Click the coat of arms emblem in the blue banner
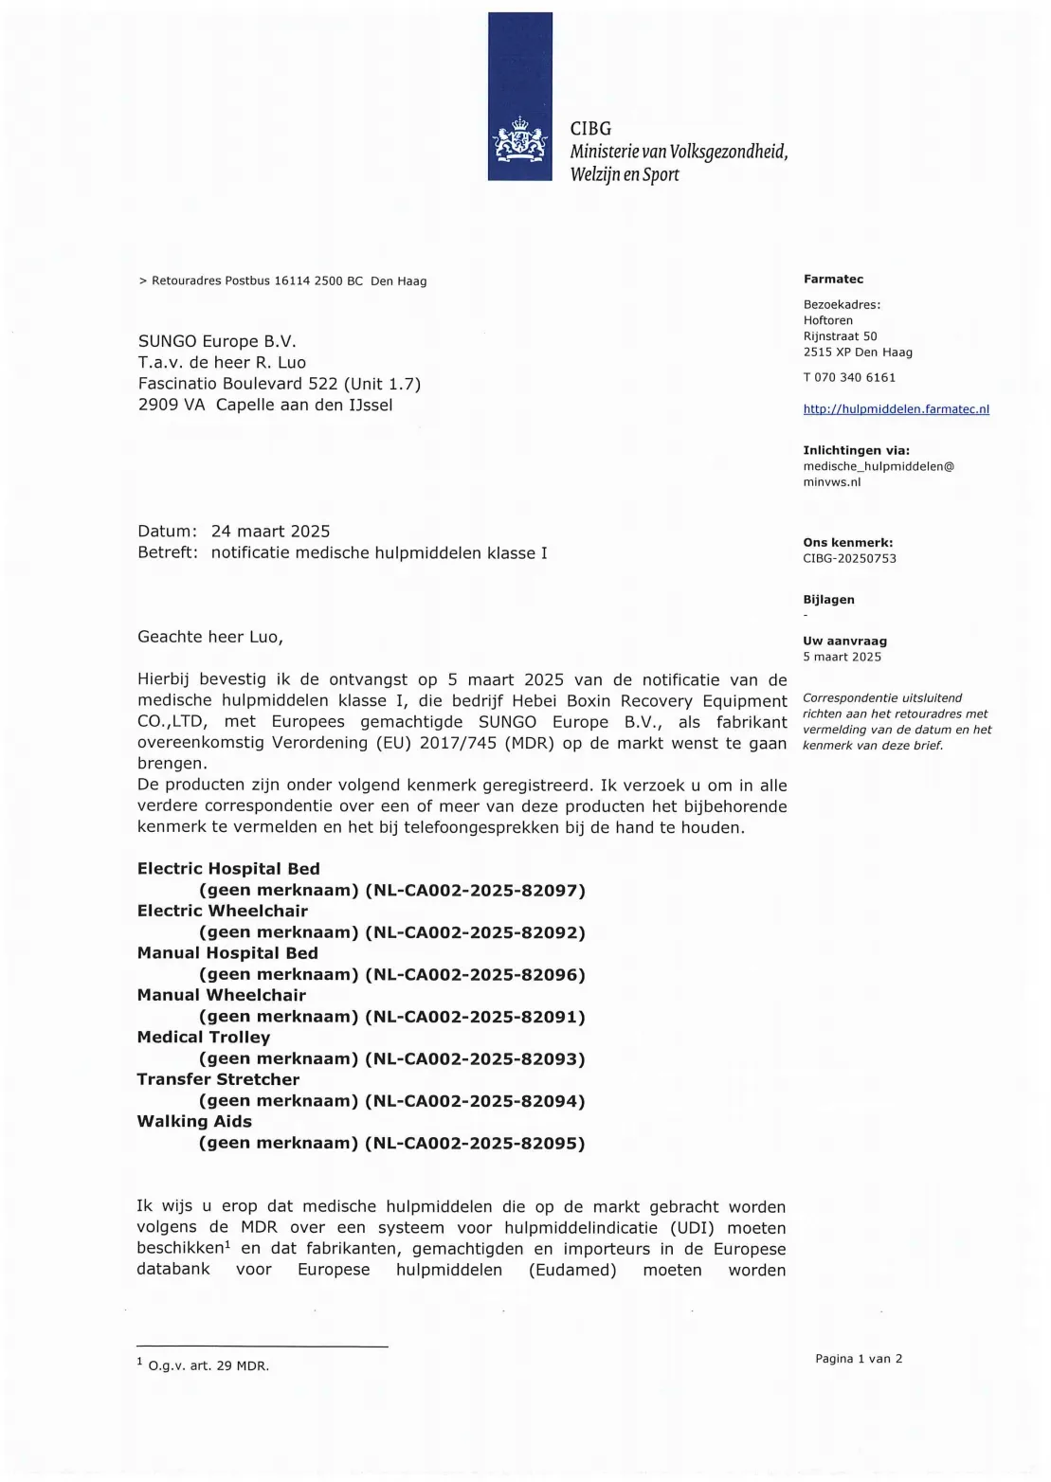pyautogui.click(x=520, y=143)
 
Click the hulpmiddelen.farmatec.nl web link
pyautogui.click(x=896, y=409)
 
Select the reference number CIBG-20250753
pyautogui.click(x=849, y=558)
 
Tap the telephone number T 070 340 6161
pyautogui.click(x=849, y=377)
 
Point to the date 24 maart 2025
pyautogui.click(x=270, y=531)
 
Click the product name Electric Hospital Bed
pyautogui.click(x=228, y=869)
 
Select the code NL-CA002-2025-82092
pyautogui.click(x=475, y=932)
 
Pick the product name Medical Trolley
pyautogui.click(x=204, y=1038)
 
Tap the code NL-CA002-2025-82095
pyautogui.click(x=475, y=1143)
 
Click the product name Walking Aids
pyautogui.click(x=194, y=1121)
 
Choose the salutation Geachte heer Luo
pyautogui.click(x=210, y=637)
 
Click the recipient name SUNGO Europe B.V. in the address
pyautogui.click(x=217, y=341)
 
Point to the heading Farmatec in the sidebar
pyautogui.click(x=833, y=279)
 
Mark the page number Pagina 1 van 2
pyautogui.click(x=859, y=1359)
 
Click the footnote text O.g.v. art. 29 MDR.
pyautogui.click(x=208, y=1366)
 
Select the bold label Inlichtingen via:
pyautogui.click(x=856, y=450)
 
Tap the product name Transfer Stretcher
pyautogui.click(x=218, y=1079)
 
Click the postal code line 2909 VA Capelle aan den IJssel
pyautogui.click(x=265, y=405)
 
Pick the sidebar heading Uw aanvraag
pyautogui.click(x=844, y=641)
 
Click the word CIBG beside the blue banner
pyautogui.click(x=590, y=128)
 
